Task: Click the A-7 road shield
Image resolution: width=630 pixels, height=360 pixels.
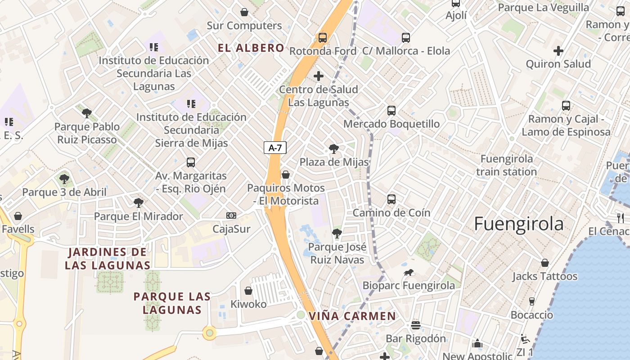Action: click(x=275, y=148)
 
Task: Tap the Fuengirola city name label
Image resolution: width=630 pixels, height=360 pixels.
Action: click(x=519, y=224)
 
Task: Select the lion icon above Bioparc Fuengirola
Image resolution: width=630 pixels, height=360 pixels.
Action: click(x=409, y=273)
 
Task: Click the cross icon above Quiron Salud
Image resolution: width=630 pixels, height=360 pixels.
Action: click(x=558, y=51)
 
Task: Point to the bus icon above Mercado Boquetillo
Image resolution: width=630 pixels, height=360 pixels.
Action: click(x=391, y=110)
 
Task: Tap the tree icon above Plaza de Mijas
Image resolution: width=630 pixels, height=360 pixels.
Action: click(x=333, y=148)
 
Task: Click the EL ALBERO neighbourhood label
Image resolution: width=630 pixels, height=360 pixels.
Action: click(x=251, y=48)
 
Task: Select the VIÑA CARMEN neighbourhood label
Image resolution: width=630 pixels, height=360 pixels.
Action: click(x=352, y=316)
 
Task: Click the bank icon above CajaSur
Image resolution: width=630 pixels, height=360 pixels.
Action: click(x=231, y=216)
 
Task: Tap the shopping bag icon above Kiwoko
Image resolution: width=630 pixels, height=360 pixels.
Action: click(x=248, y=291)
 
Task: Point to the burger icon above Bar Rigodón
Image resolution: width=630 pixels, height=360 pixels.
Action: click(x=416, y=325)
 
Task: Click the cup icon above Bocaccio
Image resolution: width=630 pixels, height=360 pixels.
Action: click(x=532, y=301)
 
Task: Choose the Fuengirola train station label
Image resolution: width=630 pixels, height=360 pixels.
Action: click(x=507, y=165)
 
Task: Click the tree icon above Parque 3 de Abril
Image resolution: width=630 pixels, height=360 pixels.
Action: click(x=64, y=179)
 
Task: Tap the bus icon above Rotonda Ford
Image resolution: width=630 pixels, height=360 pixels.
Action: click(x=323, y=38)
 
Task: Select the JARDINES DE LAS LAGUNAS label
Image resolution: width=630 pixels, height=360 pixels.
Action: click(x=107, y=259)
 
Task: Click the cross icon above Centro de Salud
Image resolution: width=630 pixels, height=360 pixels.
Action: click(x=319, y=76)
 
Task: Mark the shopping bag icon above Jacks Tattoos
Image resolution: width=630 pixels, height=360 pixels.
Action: click(x=545, y=263)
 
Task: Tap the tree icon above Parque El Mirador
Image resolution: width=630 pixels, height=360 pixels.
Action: click(x=138, y=203)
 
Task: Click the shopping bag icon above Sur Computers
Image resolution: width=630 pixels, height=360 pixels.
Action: click(x=244, y=12)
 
